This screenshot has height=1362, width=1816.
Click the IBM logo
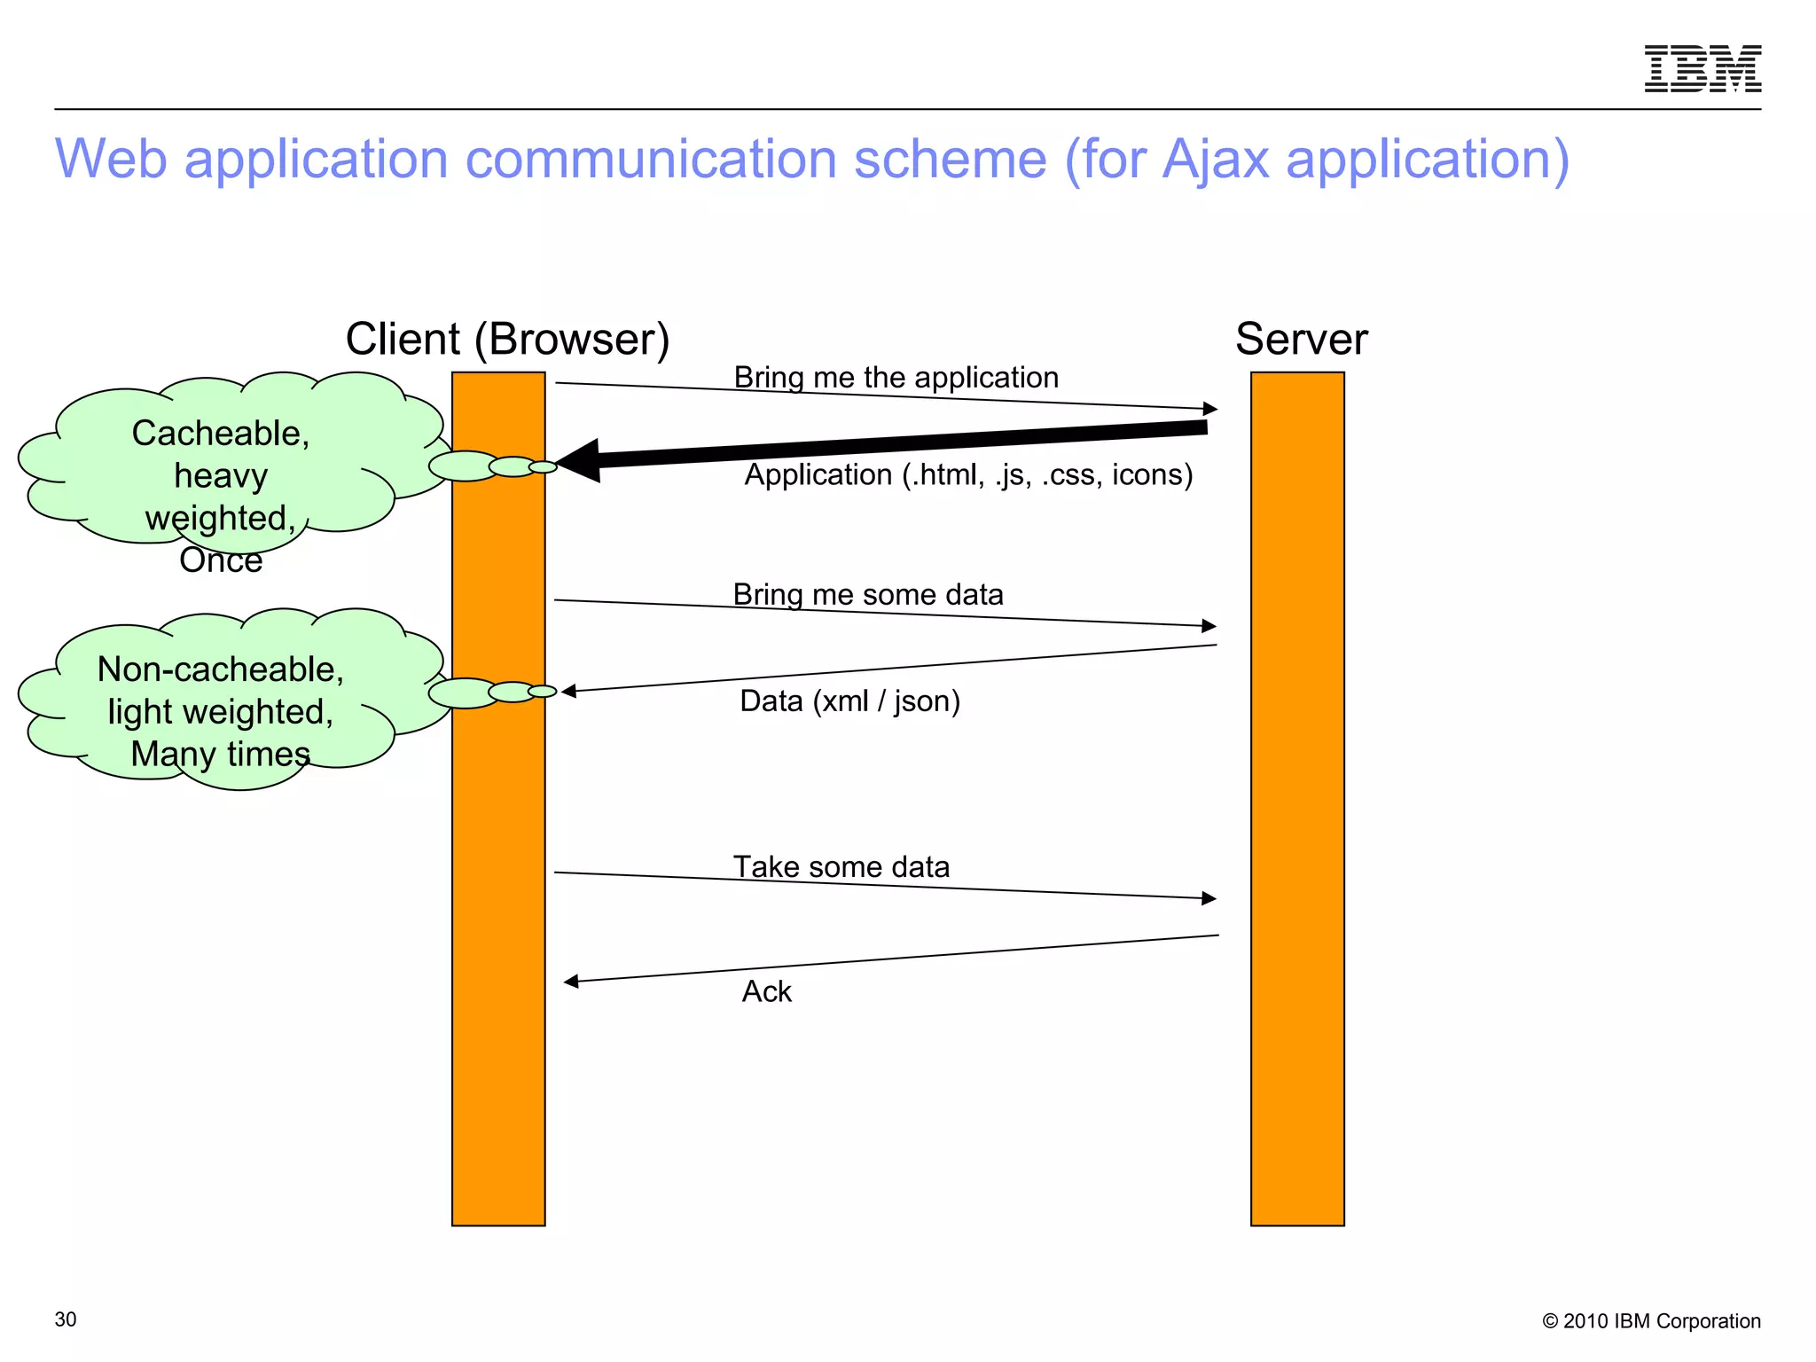click(x=1702, y=68)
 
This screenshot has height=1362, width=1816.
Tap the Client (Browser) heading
click(x=507, y=339)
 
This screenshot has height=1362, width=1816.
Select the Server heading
click(x=1301, y=339)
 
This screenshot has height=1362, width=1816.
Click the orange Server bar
click(x=1297, y=798)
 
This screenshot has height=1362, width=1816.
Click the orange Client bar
click(x=498, y=887)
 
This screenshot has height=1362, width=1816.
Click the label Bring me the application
click(x=896, y=378)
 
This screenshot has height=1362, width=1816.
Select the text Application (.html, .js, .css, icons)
click(x=968, y=475)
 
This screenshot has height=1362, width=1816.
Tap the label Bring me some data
click(x=867, y=594)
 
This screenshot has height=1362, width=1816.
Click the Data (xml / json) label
click(x=849, y=701)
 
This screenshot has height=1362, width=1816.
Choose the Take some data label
click(x=841, y=866)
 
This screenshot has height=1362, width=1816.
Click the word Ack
click(x=766, y=991)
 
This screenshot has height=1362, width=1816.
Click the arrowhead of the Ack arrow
click(x=571, y=981)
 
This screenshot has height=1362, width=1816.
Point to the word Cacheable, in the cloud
click(x=220, y=434)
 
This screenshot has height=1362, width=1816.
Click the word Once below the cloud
click(x=221, y=560)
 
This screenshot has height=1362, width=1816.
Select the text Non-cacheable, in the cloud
click(x=220, y=669)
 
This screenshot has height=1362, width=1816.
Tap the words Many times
click(x=220, y=754)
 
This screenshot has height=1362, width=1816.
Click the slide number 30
click(x=66, y=1319)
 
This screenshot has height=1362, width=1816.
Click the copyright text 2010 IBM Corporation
click(x=1660, y=1321)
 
